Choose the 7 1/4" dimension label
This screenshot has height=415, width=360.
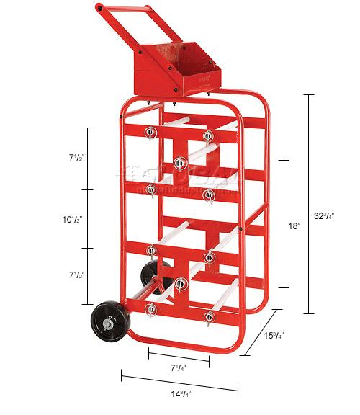click(176, 368)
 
